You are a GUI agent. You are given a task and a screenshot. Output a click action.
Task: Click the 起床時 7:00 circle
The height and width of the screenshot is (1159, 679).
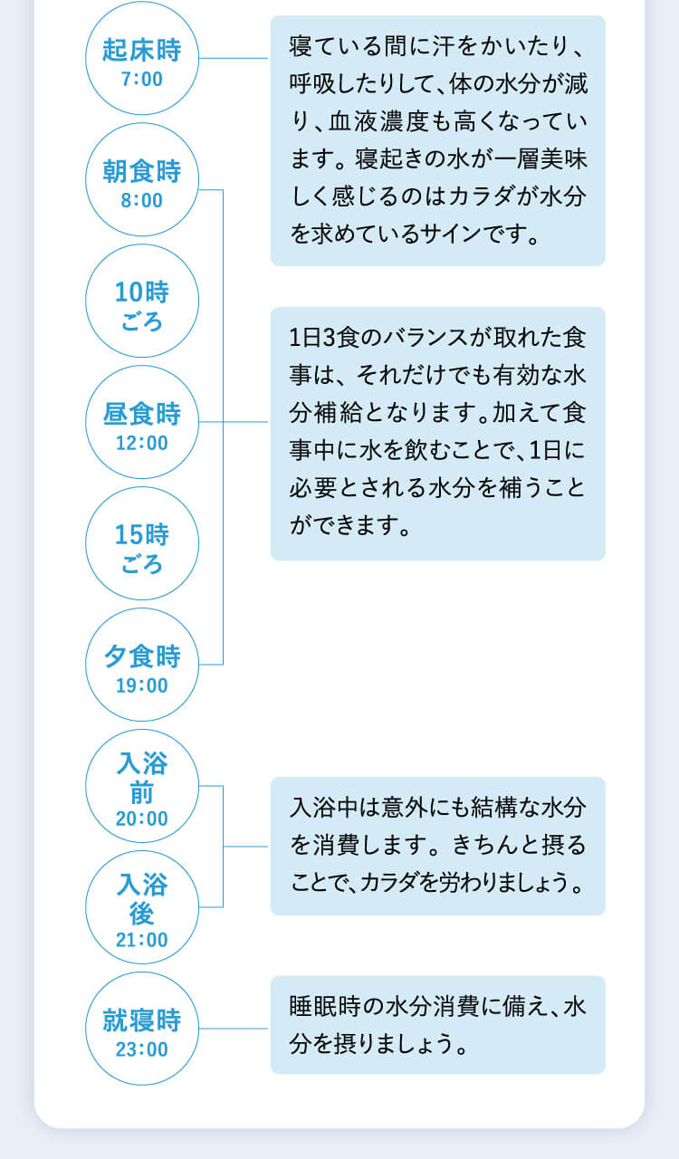pos(141,59)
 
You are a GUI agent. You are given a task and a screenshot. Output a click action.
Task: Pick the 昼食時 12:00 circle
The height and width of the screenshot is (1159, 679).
pos(141,422)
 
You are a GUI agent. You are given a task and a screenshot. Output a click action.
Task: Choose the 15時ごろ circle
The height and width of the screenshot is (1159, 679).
pos(141,543)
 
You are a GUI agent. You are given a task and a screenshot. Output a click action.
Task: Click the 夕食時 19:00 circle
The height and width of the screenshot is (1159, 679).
pos(141,665)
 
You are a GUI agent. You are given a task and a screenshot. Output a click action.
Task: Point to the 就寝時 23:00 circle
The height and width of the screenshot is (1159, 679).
pos(141,1029)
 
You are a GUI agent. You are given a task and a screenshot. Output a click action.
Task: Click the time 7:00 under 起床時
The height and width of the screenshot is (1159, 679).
pos(141,80)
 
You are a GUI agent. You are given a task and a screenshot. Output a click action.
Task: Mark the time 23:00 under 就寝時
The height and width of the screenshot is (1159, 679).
pos(141,1050)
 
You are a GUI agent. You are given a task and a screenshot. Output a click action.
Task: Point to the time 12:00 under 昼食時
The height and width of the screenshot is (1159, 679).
pos(141,444)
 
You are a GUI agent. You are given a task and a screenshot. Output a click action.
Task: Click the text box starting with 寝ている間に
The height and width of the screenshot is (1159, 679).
pos(437,140)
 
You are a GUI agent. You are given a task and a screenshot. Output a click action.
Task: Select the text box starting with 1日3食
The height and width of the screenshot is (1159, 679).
pos(437,433)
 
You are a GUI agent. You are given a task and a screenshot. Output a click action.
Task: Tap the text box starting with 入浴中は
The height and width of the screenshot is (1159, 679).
pos(437,846)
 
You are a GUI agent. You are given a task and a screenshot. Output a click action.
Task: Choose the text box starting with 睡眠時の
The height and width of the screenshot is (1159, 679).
pos(437,1024)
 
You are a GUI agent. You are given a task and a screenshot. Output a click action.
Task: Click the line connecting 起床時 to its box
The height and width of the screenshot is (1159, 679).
pos(234,59)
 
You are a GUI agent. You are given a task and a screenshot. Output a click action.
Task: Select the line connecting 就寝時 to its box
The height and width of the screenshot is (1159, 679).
pos(234,1029)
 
